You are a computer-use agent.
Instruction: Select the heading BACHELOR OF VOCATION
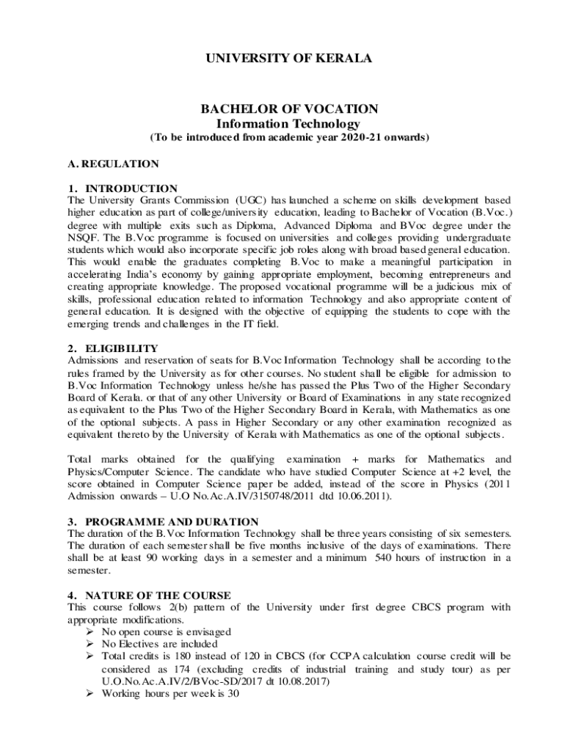(x=289, y=109)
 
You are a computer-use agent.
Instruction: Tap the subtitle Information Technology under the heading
(x=289, y=124)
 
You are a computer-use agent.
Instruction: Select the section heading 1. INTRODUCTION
(x=123, y=188)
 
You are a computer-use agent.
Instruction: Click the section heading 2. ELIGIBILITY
(x=112, y=348)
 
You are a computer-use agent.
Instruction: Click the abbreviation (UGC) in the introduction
(x=252, y=200)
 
